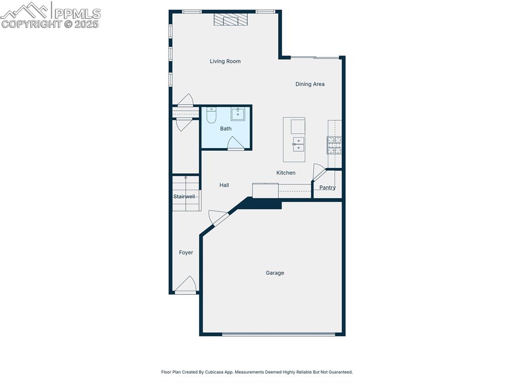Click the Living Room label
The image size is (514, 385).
tap(225, 61)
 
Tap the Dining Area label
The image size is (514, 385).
tap(310, 84)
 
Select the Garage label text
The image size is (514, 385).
tap(275, 273)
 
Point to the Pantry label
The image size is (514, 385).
tap(327, 188)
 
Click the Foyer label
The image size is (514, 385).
tap(186, 252)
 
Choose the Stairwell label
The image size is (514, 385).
tap(184, 197)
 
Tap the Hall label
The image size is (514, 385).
tap(224, 185)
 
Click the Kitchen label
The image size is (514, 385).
tap(286, 173)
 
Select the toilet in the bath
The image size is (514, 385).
tap(211, 115)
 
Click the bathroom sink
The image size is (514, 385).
tap(237, 114)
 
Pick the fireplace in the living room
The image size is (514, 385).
tap(231, 20)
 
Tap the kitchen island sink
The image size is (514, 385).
tap(298, 144)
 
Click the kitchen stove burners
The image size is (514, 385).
tap(334, 145)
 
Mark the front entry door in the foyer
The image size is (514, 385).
tap(185, 285)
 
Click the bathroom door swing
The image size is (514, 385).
tap(235, 144)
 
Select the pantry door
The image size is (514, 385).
tap(319, 172)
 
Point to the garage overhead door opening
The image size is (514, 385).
tap(279, 334)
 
